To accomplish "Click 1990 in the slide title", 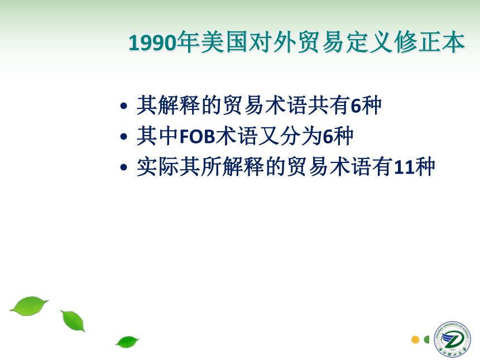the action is [x=153, y=42].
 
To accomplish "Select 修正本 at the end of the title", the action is [x=430, y=42].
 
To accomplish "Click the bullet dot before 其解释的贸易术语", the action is [x=124, y=106].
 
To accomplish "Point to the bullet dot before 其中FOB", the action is [x=124, y=137].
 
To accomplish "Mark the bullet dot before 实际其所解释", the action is [x=124, y=167].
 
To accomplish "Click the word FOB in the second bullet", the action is [x=198, y=136].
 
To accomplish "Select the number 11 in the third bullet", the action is [x=403, y=167].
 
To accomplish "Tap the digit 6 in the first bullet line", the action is [x=356, y=106].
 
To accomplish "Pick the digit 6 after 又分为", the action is [x=328, y=137].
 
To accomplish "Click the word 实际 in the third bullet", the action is [x=158, y=166].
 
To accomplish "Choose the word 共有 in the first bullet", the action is [x=329, y=105].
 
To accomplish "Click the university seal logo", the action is [x=452, y=339].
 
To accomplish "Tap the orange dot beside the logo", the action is [x=415, y=339].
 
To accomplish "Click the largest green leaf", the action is [x=30, y=305].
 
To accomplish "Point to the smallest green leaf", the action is [x=127, y=342].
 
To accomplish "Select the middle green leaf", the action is [x=73, y=321].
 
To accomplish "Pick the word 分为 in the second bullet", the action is [x=301, y=136].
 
